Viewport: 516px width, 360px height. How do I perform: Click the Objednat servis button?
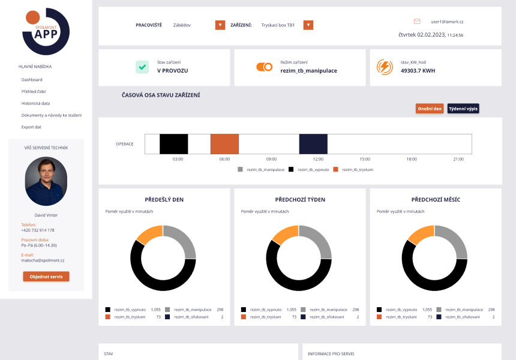46,277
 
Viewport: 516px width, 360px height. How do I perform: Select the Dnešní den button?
430,109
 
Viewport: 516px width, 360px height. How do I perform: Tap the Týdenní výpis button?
463,109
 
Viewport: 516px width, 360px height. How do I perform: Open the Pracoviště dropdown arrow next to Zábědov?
220,25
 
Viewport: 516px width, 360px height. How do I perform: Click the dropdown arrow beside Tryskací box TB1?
308,25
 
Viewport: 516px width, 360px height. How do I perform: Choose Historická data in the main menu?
35,103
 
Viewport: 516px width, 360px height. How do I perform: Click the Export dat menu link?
31,127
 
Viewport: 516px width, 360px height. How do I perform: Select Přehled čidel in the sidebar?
34,91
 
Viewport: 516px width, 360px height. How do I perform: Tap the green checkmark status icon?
142,67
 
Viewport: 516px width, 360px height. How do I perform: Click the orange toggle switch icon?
264,67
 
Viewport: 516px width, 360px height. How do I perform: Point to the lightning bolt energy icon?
385,67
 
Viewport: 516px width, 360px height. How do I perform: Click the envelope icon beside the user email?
417,22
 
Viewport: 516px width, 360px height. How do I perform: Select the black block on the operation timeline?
174,144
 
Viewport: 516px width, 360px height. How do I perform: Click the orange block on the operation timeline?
224,144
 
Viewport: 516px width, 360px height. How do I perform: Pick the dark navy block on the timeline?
313,144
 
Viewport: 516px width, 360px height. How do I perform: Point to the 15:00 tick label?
365,159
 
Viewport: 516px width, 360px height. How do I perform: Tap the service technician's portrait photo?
46,181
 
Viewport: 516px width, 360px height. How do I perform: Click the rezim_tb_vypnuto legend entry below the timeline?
309,169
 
